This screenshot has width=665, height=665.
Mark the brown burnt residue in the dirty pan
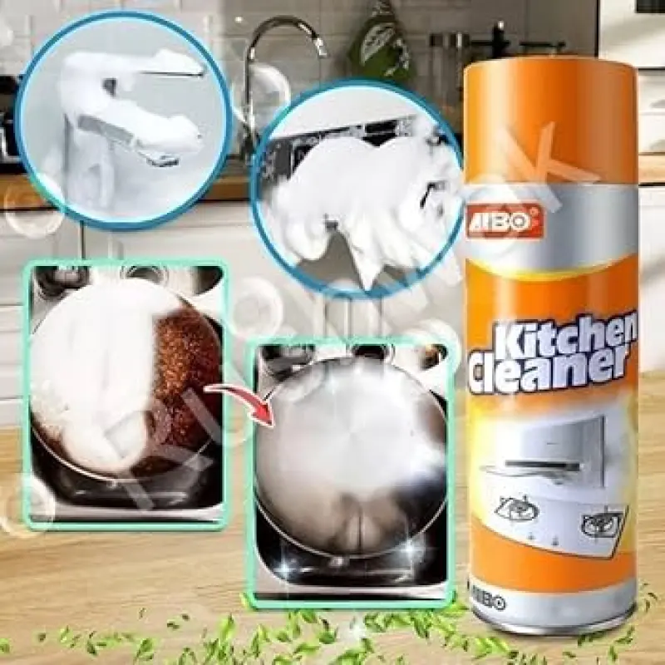point(187,366)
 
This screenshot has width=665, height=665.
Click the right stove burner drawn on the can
point(600,524)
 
